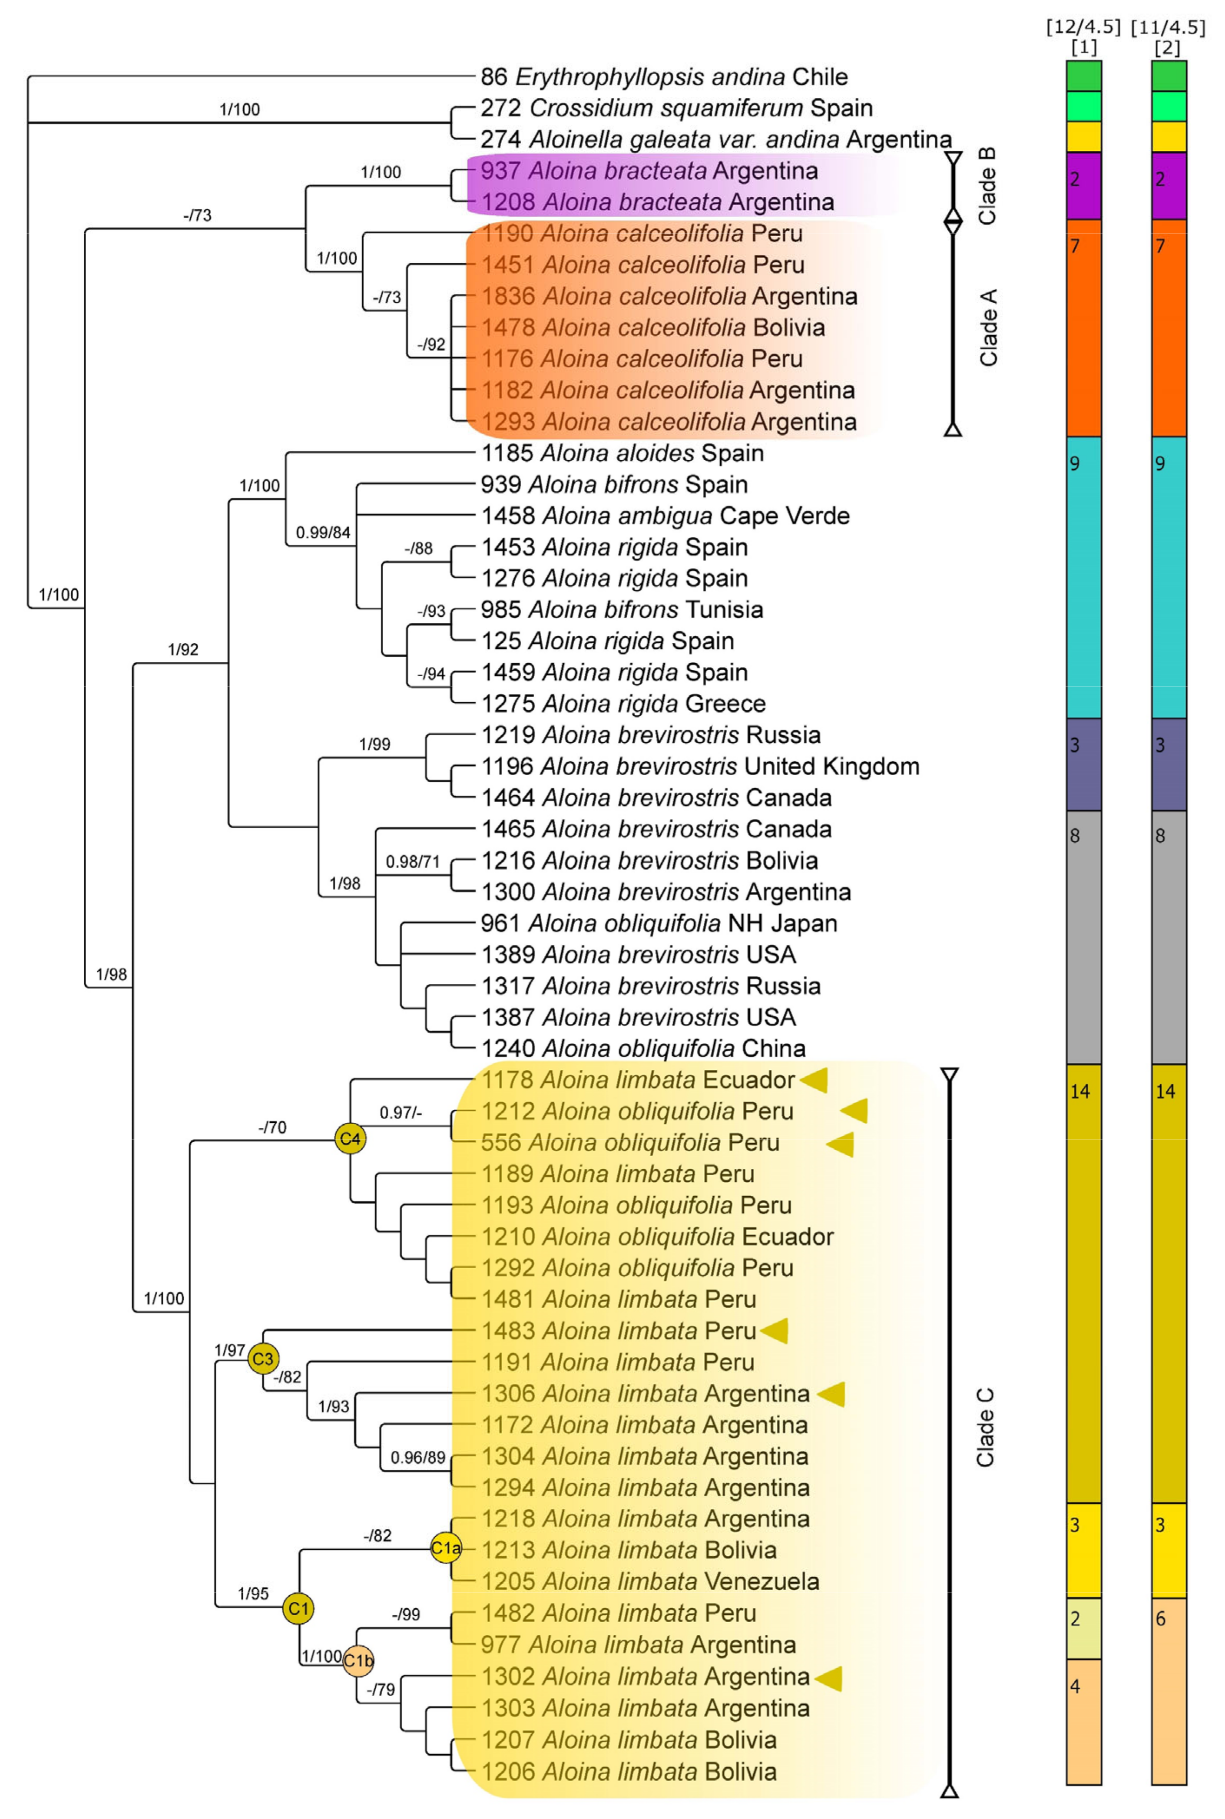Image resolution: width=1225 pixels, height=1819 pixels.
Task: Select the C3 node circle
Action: tap(263, 1359)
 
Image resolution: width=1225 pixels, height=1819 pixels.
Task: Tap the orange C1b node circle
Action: tap(358, 1660)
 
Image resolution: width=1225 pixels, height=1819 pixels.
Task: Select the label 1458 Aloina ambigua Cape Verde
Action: tap(665, 516)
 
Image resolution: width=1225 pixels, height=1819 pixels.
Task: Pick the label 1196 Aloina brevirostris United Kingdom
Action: tap(699, 766)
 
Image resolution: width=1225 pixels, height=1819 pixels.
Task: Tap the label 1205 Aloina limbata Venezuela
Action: tap(649, 1581)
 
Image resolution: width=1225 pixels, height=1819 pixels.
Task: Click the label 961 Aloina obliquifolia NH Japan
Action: tap(659, 923)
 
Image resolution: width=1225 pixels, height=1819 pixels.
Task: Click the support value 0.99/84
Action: tap(323, 532)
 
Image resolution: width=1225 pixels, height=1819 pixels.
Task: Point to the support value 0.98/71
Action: tap(413, 861)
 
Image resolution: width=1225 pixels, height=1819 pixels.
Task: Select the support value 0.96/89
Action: tap(418, 1457)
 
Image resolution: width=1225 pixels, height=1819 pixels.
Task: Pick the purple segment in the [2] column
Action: tap(1169, 186)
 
